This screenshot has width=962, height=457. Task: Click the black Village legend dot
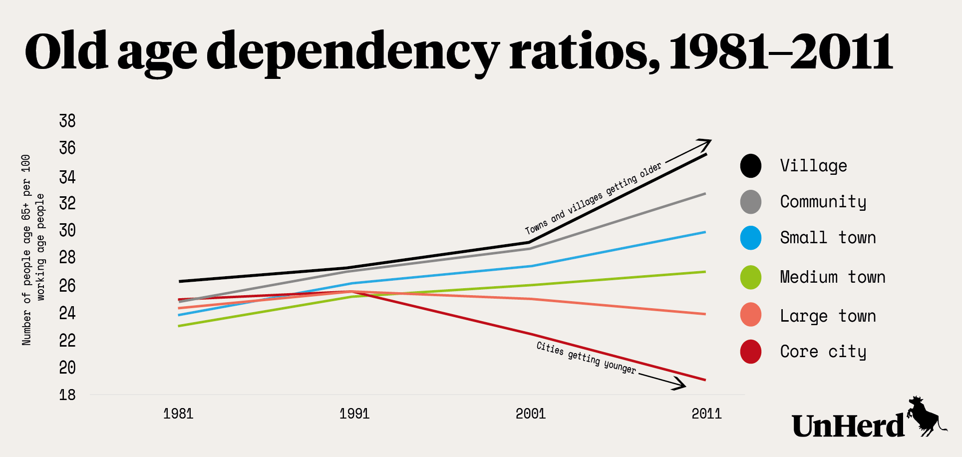tap(751, 166)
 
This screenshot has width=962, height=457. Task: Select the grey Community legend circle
tap(751, 202)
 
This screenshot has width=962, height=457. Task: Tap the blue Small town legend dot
tap(751, 238)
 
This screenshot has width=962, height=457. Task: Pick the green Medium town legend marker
tap(751, 277)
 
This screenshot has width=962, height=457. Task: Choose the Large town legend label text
tap(828, 316)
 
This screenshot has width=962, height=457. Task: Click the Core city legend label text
tap(823, 352)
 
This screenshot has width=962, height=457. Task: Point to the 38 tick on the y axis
tap(67, 121)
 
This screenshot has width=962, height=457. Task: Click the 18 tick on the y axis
tap(67, 395)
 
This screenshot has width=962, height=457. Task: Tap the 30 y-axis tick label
tap(67, 230)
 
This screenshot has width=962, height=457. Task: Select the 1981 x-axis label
tap(178, 414)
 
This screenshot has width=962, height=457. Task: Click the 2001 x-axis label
tap(531, 414)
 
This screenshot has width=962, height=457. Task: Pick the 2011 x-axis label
tap(706, 414)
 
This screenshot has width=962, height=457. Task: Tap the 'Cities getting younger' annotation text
tap(586, 358)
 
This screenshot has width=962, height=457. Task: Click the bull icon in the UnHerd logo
tap(924, 416)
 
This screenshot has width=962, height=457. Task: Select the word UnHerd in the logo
tap(848, 426)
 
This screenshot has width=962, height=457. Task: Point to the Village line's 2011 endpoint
tap(706, 155)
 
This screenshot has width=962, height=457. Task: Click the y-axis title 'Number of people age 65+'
tap(26, 250)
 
